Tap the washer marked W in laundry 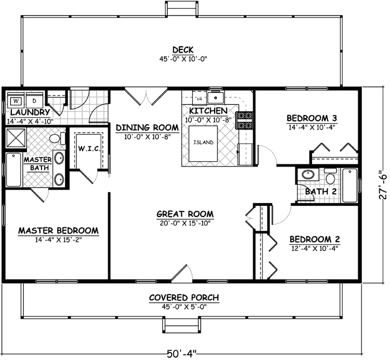pyautogui.click(x=16, y=100)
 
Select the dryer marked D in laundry pyautogui.click(x=33, y=100)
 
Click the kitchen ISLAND pyautogui.click(x=204, y=142)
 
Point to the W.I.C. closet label pyautogui.click(x=88, y=148)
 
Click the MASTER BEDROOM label pyautogui.click(x=58, y=231)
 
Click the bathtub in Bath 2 pyautogui.click(x=350, y=185)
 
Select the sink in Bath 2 pyautogui.click(x=308, y=175)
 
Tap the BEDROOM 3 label pyautogui.click(x=312, y=118)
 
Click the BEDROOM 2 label pyautogui.click(x=315, y=239)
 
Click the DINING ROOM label pyautogui.click(x=147, y=127)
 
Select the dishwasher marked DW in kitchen pyautogui.click(x=199, y=99)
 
